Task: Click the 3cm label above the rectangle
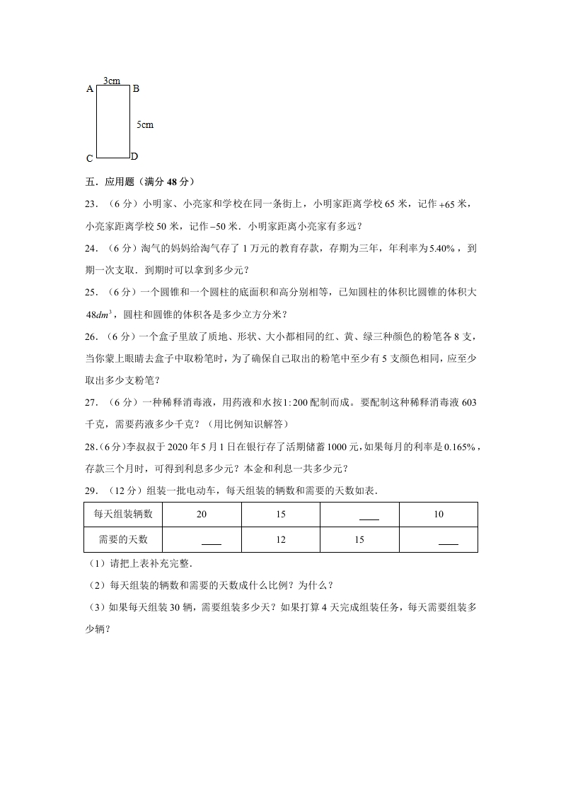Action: [111, 81]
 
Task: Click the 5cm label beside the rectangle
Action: [144, 125]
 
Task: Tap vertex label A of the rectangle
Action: [90, 89]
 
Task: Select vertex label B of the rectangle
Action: [136, 88]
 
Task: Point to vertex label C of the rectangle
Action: [90, 159]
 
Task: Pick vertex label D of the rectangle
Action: [134, 156]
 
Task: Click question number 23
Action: [90, 204]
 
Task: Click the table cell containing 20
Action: [202, 514]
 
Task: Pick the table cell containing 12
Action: [281, 540]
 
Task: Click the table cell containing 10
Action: [439, 514]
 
